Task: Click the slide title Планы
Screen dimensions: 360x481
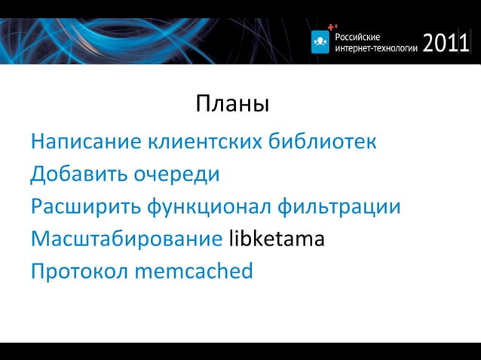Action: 232,104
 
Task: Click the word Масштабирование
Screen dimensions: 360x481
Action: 126,239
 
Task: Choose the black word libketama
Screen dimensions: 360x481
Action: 276,239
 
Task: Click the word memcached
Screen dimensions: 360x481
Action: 194,271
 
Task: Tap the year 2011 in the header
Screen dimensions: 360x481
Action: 446,43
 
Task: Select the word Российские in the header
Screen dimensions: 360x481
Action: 358,36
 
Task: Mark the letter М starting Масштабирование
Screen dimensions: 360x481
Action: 39,239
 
